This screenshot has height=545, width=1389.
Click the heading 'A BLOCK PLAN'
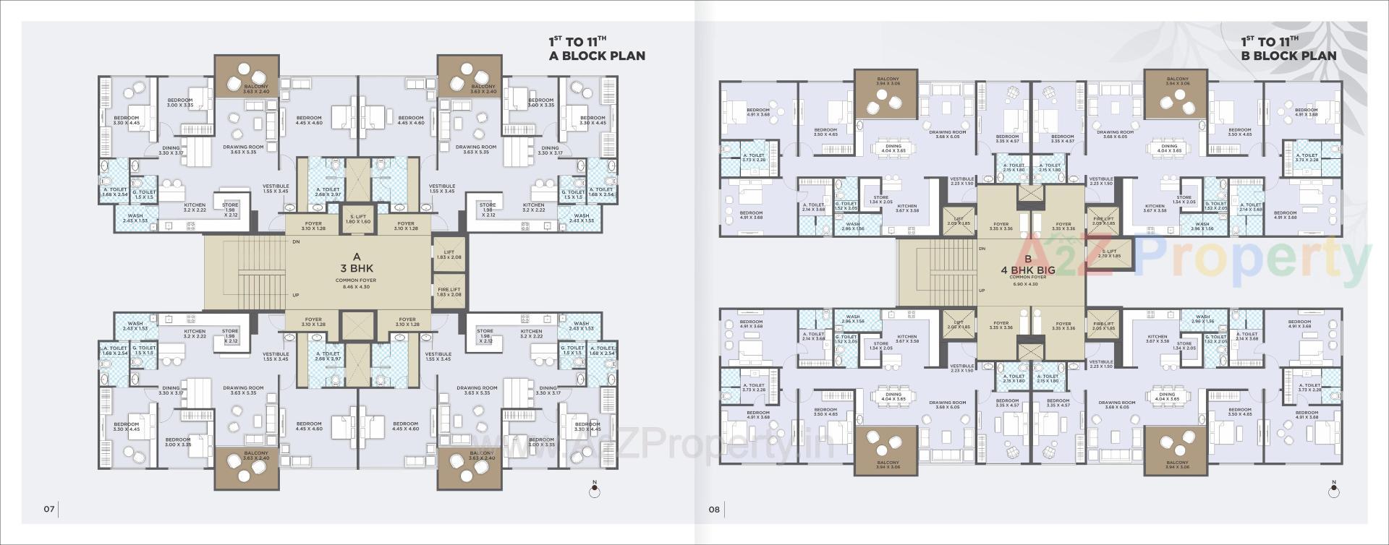coord(597,56)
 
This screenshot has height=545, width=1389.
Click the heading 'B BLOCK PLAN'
coord(1288,56)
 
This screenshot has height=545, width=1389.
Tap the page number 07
coord(48,509)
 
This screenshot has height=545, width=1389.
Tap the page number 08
coord(714,509)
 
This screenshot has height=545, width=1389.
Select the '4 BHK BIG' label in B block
coord(1027,270)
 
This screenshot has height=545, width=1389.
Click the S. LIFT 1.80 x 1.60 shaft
coord(358,219)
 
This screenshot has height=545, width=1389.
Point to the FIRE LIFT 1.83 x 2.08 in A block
coord(449,291)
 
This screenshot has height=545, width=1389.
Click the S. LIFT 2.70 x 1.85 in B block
coord(1110,254)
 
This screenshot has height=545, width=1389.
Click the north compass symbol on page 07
coord(595,491)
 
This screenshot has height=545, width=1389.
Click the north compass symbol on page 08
coord(1333,491)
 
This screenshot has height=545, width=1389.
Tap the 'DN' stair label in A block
coord(296,242)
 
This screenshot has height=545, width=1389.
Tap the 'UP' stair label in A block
coord(295,295)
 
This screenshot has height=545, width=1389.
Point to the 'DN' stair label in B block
coord(982,249)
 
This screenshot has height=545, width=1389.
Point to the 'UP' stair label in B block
coord(981,291)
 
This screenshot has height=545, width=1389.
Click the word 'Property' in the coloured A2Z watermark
coord(1252,260)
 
